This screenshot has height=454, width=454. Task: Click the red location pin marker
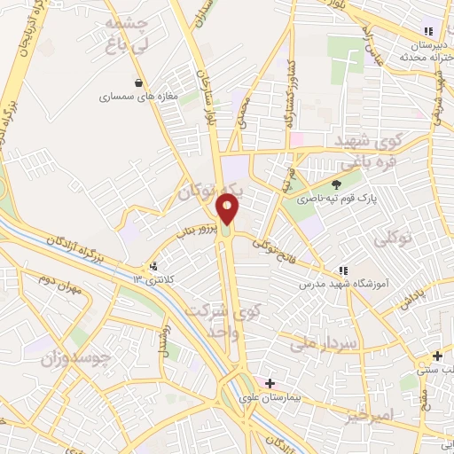228,209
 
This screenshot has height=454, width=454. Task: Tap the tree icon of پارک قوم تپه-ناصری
340,185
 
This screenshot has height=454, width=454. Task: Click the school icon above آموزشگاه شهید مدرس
341,270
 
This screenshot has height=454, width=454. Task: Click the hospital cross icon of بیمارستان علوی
270,384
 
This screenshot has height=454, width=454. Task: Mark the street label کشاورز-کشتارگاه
289,99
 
